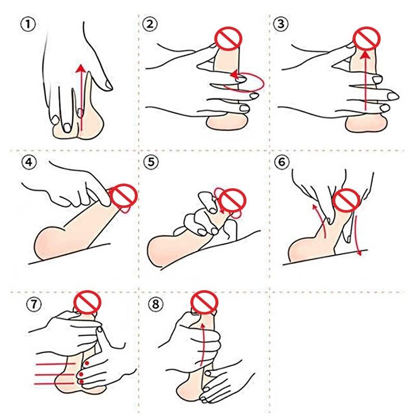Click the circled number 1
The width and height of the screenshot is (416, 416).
point(28,24)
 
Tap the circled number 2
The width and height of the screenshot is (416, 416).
point(150,24)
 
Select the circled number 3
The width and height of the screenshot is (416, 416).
point(281,24)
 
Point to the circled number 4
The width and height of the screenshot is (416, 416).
point(29,162)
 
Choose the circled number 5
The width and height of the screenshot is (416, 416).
point(151,162)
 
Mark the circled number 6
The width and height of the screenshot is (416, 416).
point(281,162)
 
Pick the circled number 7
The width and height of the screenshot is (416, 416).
point(34,304)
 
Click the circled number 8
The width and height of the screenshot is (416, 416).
point(155,304)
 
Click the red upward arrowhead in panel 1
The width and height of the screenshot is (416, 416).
point(81,68)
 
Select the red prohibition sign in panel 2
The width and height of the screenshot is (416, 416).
point(228,38)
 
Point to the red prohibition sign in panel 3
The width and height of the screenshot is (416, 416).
point(367,38)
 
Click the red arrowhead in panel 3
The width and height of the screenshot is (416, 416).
point(366,55)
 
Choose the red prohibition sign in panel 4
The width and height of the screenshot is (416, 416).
point(124,197)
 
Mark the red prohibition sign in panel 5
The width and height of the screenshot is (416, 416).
point(232,201)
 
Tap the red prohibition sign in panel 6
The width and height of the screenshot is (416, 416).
point(346,201)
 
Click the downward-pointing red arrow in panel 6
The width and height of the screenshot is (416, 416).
point(357,236)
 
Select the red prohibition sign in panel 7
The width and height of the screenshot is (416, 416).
point(87,303)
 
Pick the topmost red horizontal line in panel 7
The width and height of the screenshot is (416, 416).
point(55,364)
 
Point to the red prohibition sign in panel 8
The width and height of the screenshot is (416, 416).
point(204,303)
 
